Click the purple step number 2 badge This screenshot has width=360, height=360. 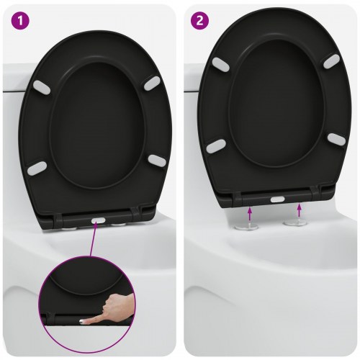pyautogui.click(x=197, y=20)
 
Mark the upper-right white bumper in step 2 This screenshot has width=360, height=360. pyautogui.click(x=330, y=61)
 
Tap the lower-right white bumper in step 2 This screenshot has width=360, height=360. pyautogui.click(x=334, y=139)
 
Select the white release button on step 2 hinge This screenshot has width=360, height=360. pyautogui.click(x=276, y=197)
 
